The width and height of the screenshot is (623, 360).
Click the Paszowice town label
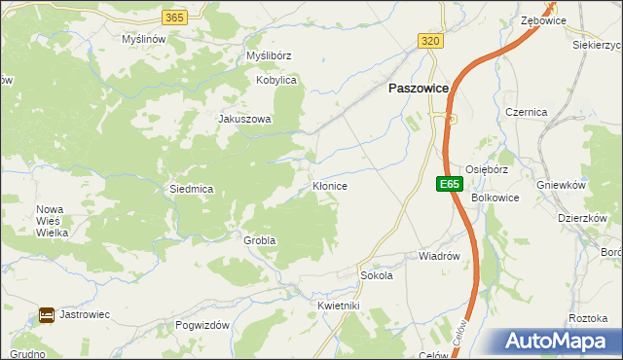pos(419,88)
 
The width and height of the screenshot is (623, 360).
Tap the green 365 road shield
pos(174,18)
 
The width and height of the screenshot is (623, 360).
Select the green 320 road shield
pos(431,40)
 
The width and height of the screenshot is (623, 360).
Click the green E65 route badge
pos(448,183)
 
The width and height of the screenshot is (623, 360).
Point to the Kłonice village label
pos(330,184)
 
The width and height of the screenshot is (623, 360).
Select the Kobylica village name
pos(275,81)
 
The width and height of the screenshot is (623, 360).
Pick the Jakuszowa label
pos(244,120)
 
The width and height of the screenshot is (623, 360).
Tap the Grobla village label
pos(260,239)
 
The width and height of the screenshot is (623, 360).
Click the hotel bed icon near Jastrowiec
pos(46,315)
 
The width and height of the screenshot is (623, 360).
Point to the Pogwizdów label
pos(202,325)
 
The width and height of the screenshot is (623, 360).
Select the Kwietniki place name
pos(339,306)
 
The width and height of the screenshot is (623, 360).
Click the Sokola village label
pos(376,275)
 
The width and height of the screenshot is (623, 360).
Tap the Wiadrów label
pos(438,256)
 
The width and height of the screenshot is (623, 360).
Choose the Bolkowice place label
pos(495,198)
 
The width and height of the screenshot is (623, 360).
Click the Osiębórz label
pos(489,166)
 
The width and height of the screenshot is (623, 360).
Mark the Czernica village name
pos(527,112)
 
